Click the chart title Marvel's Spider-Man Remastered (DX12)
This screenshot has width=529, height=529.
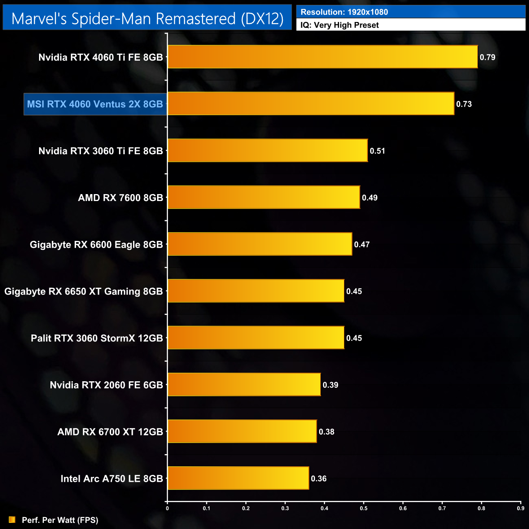click(x=147, y=19)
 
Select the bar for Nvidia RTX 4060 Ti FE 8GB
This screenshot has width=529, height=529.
click(x=322, y=57)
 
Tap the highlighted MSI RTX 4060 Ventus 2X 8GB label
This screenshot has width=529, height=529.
click(x=95, y=104)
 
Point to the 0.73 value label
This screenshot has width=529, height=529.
click(x=464, y=104)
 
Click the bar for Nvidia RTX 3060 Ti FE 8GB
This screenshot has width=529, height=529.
click(x=268, y=151)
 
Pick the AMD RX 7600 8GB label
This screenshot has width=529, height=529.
click(x=120, y=198)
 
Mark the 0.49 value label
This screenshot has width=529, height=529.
click(x=369, y=198)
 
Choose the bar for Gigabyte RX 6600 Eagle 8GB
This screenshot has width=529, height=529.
click(x=260, y=244)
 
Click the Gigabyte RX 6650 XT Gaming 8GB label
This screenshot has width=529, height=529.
click(x=83, y=291)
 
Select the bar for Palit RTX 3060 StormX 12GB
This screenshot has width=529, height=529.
click(x=256, y=338)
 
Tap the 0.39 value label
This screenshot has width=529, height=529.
click(x=330, y=385)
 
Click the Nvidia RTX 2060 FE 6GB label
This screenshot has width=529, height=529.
click(x=106, y=385)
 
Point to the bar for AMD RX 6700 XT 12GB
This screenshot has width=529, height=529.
click(x=242, y=431)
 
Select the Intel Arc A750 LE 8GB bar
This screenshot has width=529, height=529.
click(x=238, y=478)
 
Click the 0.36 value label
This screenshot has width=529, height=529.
click(x=319, y=479)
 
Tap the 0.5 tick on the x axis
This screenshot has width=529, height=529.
click(x=364, y=508)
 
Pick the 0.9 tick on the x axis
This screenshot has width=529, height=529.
click(x=520, y=508)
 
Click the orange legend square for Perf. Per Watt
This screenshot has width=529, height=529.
click(x=12, y=520)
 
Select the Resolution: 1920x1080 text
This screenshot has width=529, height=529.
click(x=344, y=12)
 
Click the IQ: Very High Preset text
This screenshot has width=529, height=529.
click(x=339, y=25)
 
